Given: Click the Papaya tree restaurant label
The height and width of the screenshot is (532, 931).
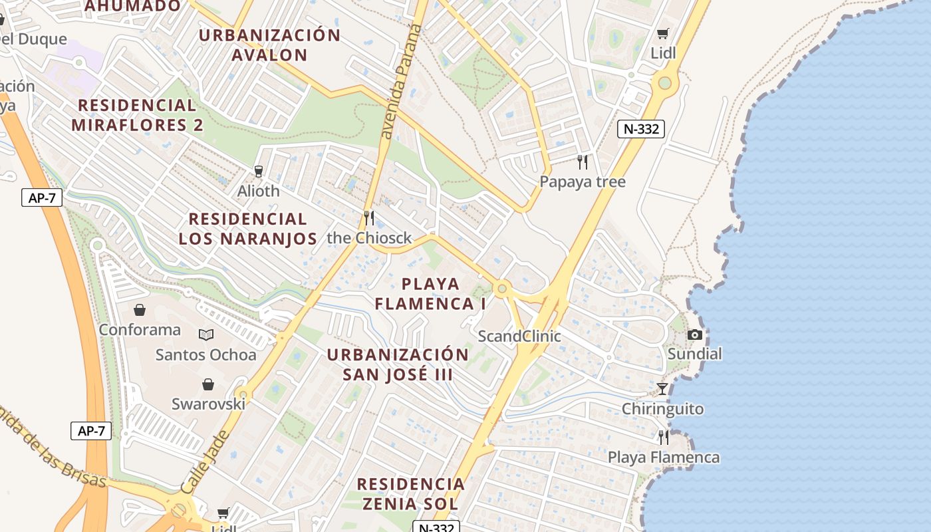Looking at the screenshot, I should (583, 182).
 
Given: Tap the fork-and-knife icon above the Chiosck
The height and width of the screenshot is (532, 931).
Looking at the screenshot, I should (369, 217).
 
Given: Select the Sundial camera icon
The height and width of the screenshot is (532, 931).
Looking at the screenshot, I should (695, 334).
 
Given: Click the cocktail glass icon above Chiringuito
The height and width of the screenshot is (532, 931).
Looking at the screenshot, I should (662, 389).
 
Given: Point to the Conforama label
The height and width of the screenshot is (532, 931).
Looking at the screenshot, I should (140, 330).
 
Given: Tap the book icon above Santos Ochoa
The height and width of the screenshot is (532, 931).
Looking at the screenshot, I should (206, 334).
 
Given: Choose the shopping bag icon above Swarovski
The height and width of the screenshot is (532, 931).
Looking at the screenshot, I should (208, 384).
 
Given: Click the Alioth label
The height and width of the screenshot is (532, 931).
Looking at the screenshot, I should (259, 191).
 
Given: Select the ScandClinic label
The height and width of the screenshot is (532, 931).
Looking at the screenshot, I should (519, 336).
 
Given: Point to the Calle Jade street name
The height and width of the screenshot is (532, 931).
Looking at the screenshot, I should (205, 462).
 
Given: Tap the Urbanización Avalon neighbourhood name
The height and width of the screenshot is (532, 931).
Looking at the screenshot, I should (269, 45).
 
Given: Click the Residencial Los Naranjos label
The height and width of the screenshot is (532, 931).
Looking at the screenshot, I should (247, 229).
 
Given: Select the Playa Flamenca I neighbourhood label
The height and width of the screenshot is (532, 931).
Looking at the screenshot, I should (431, 294).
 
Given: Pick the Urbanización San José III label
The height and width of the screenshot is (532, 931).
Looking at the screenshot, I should (398, 364).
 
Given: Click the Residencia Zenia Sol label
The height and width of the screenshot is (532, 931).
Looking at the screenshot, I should (411, 493).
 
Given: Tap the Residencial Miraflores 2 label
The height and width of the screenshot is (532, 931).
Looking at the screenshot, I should (137, 115).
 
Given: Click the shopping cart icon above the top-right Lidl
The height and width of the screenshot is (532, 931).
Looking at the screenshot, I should (662, 33).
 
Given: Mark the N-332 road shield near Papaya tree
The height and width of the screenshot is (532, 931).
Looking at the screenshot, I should (641, 129).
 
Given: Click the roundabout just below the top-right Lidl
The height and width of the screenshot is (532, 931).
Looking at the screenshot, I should (664, 83).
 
